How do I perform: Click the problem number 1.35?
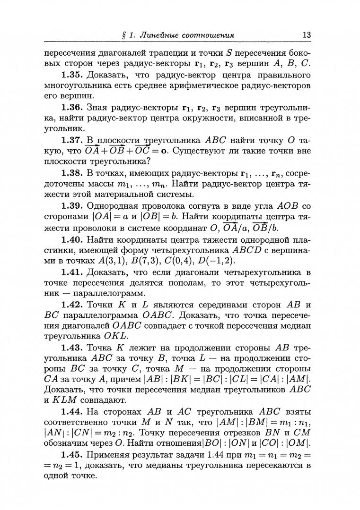pos(73,76)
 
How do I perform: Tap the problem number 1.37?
pos(73,140)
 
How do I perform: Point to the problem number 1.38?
pos(73,173)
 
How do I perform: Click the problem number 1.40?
pos(73,239)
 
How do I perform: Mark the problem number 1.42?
pos(73,304)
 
